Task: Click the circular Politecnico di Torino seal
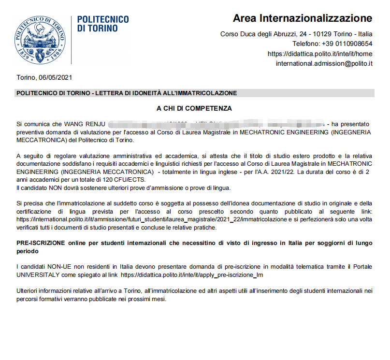coord(40,40)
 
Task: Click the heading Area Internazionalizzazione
coord(303,19)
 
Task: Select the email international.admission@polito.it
coord(324,63)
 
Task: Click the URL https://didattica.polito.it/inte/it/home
coord(320,54)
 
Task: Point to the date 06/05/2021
coord(55,78)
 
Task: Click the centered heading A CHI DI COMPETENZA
coord(194,108)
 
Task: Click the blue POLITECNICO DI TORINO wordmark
coord(103,24)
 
